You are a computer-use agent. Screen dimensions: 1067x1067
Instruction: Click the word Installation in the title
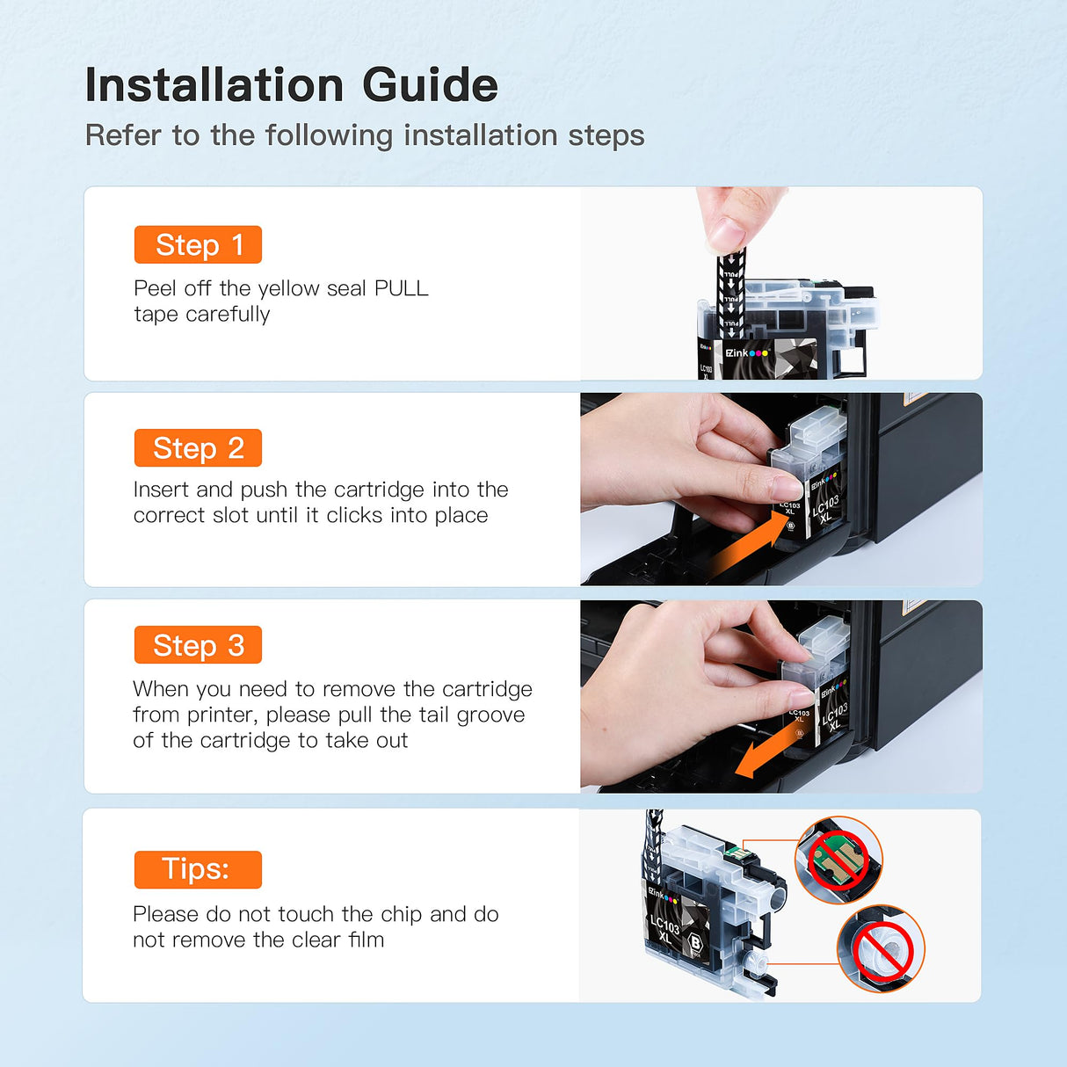point(214,84)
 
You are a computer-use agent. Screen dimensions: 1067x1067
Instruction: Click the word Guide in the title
point(431,84)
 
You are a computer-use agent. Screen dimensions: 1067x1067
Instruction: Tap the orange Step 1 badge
point(198,244)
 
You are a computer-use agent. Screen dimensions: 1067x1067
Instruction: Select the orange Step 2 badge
point(198,447)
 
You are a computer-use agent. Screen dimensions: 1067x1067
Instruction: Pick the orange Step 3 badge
point(198,644)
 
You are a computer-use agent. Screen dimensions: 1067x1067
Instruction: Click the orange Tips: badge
point(198,870)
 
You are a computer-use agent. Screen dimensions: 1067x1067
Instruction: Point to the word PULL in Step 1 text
point(402,288)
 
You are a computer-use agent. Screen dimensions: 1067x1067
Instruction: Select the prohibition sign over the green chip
point(838,860)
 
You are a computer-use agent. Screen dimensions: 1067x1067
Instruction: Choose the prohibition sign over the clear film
point(882,950)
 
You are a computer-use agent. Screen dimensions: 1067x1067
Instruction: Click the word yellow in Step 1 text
point(288,289)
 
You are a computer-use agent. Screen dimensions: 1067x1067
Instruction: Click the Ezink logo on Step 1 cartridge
point(747,352)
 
